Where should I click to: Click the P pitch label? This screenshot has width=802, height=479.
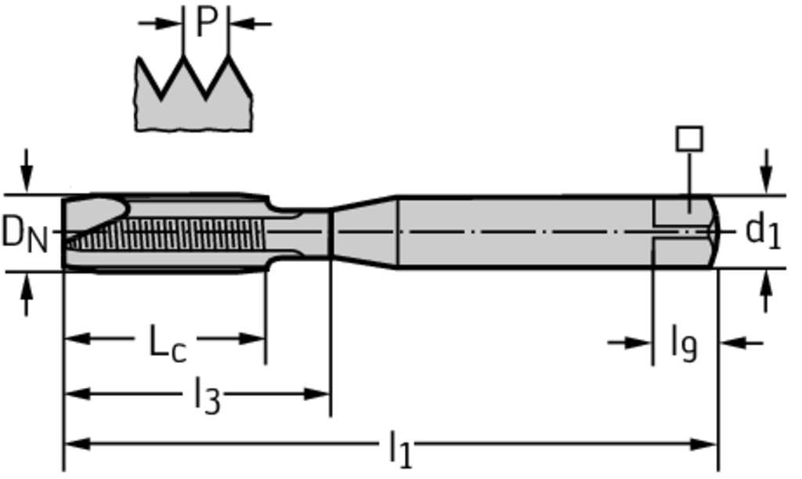pos(206,23)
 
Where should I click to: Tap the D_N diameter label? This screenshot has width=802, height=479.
pos(24,234)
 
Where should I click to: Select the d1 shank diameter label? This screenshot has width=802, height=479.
pos(763,231)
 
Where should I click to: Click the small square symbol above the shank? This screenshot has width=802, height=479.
pos(689,138)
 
